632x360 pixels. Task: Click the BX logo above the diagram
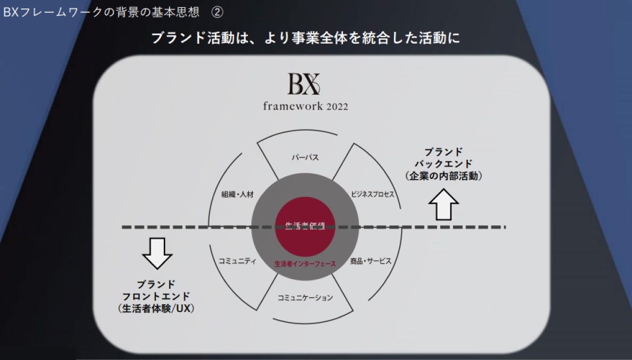pyautogui.click(x=304, y=84)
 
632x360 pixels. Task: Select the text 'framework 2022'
pyautogui.click(x=305, y=106)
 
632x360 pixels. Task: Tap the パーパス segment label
pyautogui.click(x=305, y=157)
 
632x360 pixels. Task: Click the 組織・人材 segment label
pyautogui.click(x=237, y=194)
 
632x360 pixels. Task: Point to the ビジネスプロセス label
pyautogui.click(x=372, y=194)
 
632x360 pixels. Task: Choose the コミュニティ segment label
pyautogui.click(x=237, y=261)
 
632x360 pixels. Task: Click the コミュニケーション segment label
pyautogui.click(x=305, y=298)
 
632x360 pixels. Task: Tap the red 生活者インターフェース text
pyautogui.click(x=305, y=264)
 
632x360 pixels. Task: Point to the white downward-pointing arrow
pyautogui.click(x=157, y=253)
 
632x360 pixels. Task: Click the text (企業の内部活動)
pyautogui.click(x=443, y=176)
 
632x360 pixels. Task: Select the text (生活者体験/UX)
pyautogui.click(x=156, y=309)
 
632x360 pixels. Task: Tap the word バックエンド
pyautogui.click(x=443, y=164)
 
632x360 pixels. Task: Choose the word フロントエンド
pyautogui.click(x=156, y=296)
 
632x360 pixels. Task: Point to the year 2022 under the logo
pyautogui.click(x=337, y=106)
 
